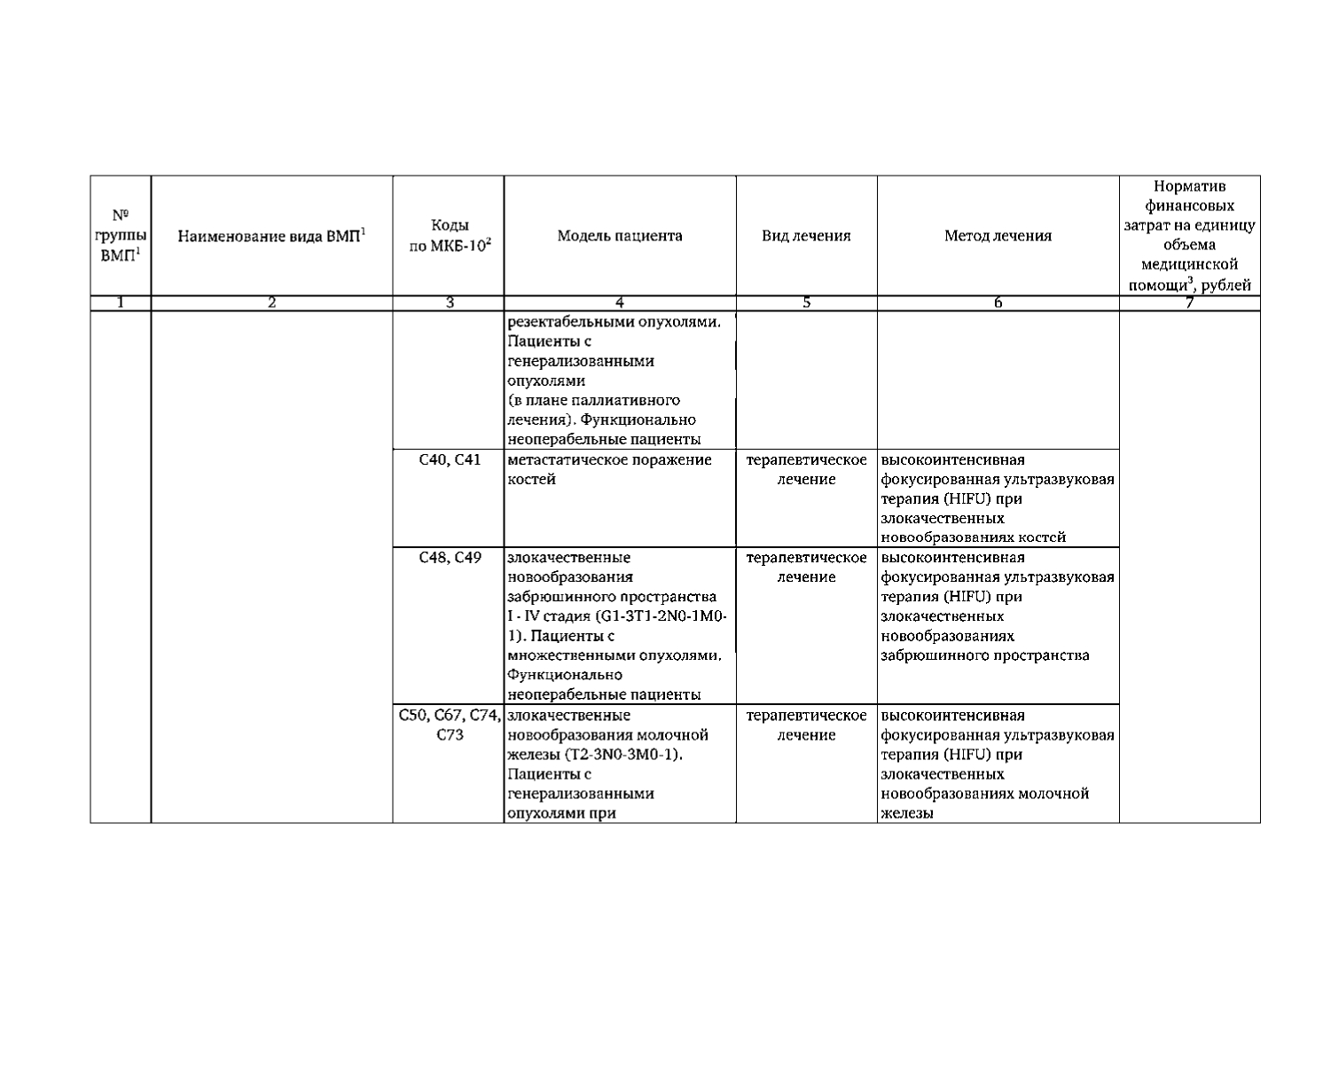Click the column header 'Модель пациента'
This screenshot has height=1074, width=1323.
pos(620,236)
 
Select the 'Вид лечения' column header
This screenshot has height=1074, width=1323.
pos(806,236)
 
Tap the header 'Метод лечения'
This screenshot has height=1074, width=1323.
pos(998,236)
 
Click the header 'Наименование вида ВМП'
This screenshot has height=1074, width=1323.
pos(271,236)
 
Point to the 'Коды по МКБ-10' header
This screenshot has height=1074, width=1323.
pos(450,236)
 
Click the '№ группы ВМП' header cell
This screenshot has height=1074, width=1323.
pos(121,235)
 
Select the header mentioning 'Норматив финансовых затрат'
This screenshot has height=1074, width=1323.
pos(1189,235)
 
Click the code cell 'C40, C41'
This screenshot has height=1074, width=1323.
pos(450,460)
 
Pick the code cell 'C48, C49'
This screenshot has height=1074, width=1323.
pos(450,558)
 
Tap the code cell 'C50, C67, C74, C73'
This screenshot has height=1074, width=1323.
pos(450,725)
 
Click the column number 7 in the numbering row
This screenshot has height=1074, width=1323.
pos(1189,303)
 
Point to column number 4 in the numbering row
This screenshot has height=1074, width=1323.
pos(620,303)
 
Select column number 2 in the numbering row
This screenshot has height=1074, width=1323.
pos(271,303)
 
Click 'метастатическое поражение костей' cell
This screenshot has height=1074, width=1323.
pos(609,470)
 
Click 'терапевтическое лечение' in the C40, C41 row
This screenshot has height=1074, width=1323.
pos(806,470)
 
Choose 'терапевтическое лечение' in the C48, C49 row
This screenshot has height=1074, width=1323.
pos(806,568)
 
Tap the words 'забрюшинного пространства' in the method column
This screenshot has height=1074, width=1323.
pos(985,656)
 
